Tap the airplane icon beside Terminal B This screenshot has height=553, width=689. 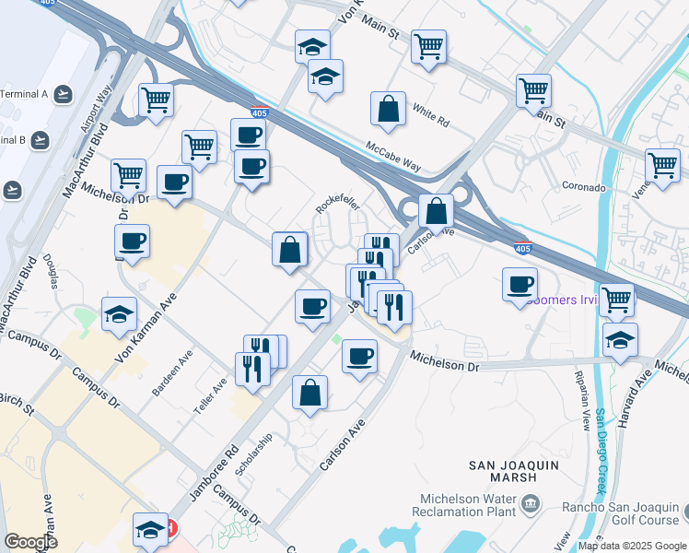40,140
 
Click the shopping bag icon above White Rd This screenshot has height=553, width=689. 389,109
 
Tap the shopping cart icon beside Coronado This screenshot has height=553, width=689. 662,166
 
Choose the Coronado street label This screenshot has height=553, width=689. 584,187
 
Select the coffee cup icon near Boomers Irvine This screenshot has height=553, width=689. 520,284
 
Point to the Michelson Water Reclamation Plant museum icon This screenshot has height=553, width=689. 531,503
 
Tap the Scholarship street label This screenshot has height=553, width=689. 253,456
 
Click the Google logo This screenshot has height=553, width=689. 31,541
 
